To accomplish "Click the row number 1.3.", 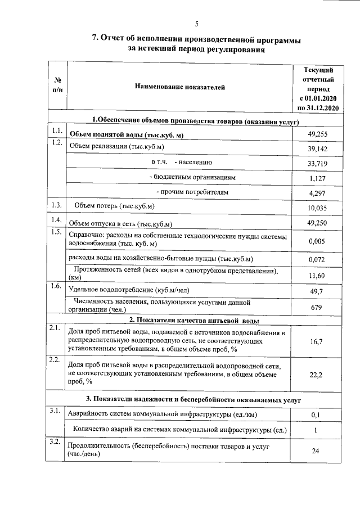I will pos(56,205).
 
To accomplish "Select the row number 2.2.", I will pos(56,360).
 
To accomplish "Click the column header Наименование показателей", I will pos(179,87).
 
